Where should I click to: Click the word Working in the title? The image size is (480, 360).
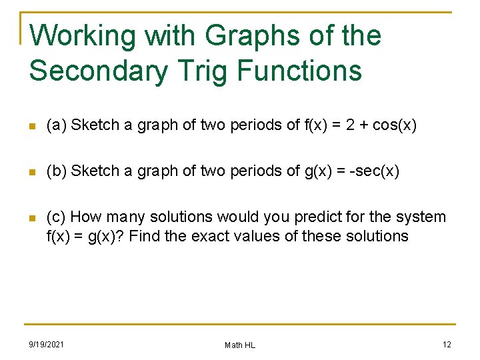(x=83, y=36)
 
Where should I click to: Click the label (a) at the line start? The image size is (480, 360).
(x=56, y=125)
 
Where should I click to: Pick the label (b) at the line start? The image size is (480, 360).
(x=56, y=171)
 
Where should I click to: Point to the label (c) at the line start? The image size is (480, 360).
(x=56, y=217)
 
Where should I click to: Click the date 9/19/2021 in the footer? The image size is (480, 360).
(x=46, y=344)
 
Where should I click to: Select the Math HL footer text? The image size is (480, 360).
(x=239, y=345)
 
